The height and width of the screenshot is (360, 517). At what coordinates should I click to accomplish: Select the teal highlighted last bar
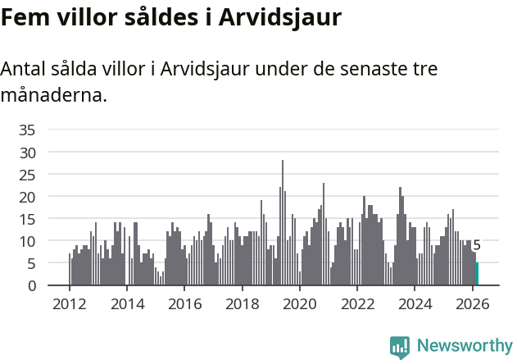click(477, 274)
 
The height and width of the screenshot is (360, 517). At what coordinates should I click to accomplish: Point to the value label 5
click(477, 245)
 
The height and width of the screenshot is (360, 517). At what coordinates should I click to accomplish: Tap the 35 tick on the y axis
click(27, 130)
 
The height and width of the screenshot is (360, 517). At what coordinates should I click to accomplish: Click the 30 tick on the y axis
click(27, 153)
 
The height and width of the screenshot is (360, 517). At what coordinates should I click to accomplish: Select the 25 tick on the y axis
click(27, 175)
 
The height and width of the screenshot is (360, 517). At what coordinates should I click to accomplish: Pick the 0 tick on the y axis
click(31, 285)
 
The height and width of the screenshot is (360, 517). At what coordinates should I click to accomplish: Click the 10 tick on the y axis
click(27, 241)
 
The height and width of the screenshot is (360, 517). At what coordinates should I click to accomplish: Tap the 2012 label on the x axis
click(69, 303)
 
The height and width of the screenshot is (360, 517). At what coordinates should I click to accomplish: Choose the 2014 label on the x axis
click(126, 303)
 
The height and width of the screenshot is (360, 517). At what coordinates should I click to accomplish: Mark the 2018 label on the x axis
click(242, 303)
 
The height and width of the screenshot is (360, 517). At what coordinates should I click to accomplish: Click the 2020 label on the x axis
click(299, 303)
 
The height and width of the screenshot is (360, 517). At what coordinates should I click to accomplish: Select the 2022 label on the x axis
click(357, 303)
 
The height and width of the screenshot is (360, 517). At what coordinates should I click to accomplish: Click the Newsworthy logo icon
click(400, 347)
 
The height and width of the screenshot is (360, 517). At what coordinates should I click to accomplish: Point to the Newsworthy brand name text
click(465, 346)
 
